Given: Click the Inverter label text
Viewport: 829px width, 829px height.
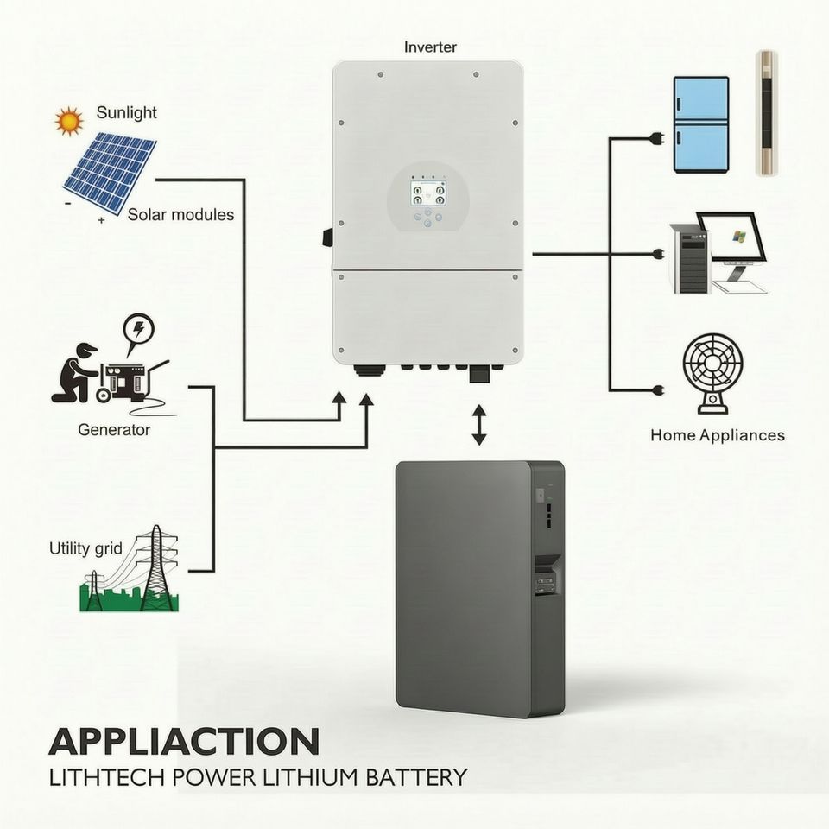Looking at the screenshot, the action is point(430,47).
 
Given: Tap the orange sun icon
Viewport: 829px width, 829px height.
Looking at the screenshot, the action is point(69,122).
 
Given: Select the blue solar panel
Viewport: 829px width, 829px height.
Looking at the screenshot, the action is point(110,171).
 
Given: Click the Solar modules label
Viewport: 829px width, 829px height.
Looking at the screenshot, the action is point(180,215).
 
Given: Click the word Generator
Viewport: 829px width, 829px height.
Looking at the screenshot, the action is point(114,430).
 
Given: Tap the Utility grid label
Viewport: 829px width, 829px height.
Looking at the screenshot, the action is point(85,549).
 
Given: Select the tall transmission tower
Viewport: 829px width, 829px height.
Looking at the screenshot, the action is point(155,567).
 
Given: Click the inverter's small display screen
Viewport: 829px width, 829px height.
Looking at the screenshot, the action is point(428,193).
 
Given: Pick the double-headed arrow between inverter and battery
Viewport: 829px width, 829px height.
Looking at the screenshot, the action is point(479,425).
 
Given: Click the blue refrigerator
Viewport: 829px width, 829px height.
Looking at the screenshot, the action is point(701,124).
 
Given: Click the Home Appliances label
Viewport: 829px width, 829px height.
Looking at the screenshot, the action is point(718,435).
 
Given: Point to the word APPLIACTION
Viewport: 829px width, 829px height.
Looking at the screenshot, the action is point(184,741).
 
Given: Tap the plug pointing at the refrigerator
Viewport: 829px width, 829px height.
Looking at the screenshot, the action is point(658,139).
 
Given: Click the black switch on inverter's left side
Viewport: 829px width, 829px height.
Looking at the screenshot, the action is point(326,237).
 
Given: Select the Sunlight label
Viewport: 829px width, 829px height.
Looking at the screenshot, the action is point(127,112).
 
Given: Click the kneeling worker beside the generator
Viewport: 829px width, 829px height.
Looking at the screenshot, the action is point(76,372).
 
